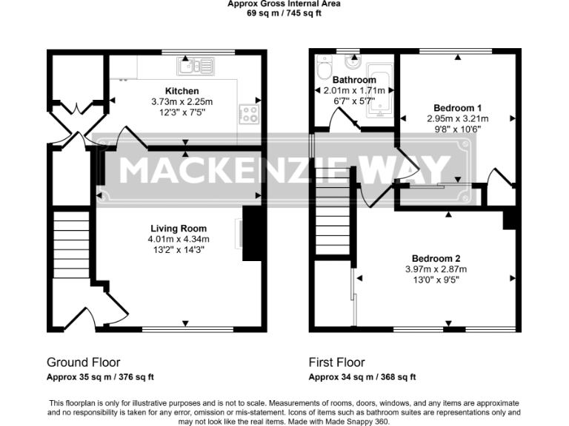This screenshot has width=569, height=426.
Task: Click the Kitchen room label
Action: (182, 91)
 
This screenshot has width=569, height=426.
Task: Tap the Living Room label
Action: (179, 229)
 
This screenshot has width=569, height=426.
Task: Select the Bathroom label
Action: (354, 80)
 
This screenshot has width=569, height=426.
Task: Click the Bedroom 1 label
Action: (453, 106)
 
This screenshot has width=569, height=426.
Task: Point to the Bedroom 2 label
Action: (436, 258)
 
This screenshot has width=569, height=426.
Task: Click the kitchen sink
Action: (195, 67)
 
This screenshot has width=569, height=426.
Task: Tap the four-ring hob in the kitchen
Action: (249, 114)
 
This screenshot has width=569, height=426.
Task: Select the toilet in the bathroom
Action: (324, 70)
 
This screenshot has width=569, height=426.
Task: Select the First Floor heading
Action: (336, 362)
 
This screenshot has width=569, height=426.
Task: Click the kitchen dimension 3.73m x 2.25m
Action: (182, 102)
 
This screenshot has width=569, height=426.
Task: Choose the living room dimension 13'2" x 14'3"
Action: (179, 250)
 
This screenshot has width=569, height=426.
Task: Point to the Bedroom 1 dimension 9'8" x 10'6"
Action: (453, 128)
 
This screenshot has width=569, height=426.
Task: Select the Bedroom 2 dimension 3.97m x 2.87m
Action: (436, 269)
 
